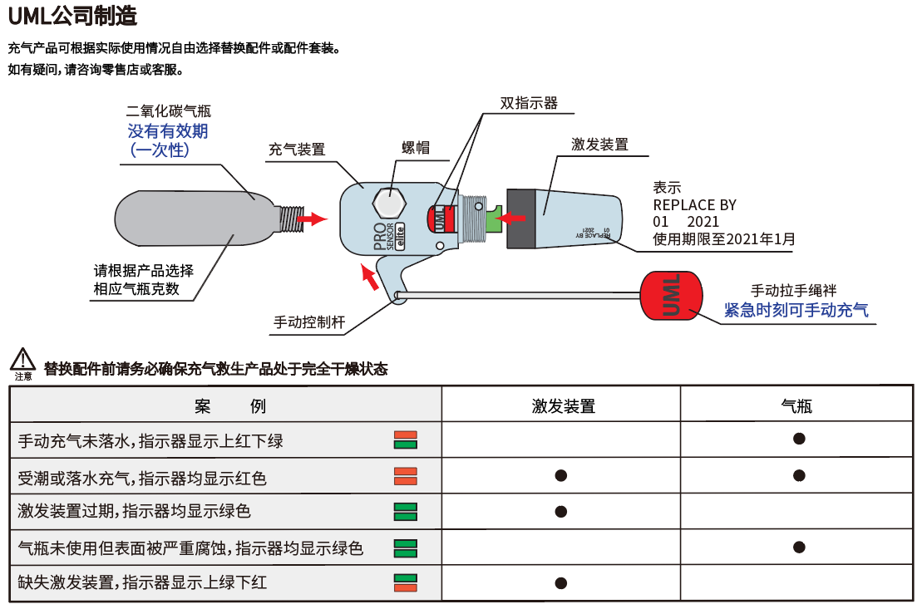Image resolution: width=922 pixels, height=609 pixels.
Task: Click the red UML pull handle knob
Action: click(671, 297)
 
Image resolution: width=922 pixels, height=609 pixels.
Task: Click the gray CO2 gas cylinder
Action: click(200, 218)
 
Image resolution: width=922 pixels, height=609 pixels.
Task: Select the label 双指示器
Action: click(529, 103)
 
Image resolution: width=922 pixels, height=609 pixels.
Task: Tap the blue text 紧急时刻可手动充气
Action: click(796, 310)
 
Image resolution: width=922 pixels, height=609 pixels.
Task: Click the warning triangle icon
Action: click(22, 360)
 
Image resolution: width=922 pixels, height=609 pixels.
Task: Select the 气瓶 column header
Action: click(796, 406)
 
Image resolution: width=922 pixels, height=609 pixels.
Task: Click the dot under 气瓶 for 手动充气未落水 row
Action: click(799, 439)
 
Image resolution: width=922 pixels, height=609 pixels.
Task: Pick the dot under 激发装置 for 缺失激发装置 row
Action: click(560, 582)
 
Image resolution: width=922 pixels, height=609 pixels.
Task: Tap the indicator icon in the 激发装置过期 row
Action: click(405, 511)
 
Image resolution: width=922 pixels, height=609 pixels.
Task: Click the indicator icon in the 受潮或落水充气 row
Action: click(405, 476)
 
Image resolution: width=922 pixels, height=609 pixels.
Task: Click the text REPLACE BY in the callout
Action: click(694, 205)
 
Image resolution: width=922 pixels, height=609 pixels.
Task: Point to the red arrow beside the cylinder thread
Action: click(313, 219)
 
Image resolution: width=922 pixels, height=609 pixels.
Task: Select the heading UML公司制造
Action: click(72, 16)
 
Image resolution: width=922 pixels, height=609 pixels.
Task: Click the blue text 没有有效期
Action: click(168, 130)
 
